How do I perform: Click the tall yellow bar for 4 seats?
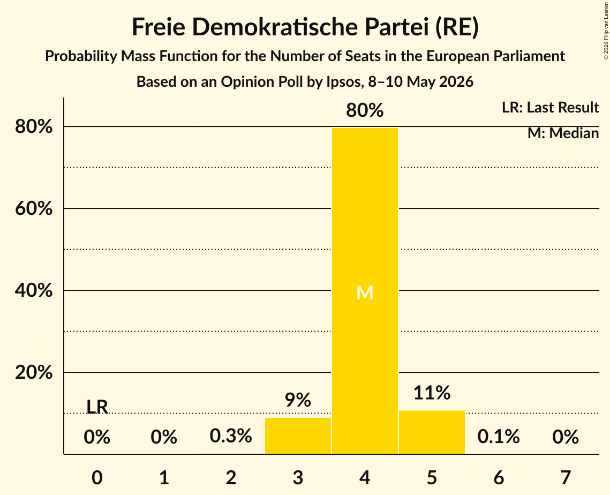[x=365, y=291]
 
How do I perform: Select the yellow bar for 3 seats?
[x=298, y=436]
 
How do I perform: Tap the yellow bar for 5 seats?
[x=432, y=432]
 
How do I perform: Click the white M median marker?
[x=365, y=292]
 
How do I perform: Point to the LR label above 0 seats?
[x=97, y=407]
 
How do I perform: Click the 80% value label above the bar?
[x=365, y=110]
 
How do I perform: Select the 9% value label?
[x=298, y=400]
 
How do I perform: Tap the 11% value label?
[x=432, y=393]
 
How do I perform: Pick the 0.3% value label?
[x=231, y=436]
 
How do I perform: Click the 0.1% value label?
[x=499, y=437]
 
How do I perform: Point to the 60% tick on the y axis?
[x=33, y=208]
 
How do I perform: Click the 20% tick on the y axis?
[x=33, y=372]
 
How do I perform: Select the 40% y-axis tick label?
[x=33, y=290]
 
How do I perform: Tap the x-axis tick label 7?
[x=566, y=477]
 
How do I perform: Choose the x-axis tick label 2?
[x=231, y=477]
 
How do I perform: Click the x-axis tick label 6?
[x=499, y=477]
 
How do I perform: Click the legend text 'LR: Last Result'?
[x=551, y=107]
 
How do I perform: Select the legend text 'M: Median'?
[x=563, y=133]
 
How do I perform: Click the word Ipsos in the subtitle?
[x=343, y=82]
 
